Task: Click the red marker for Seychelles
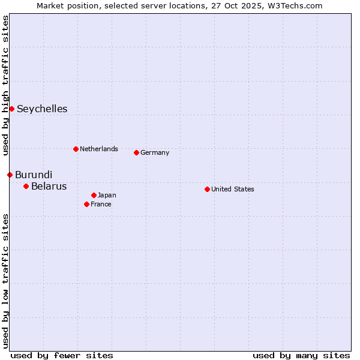11,109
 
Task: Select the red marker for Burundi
10,175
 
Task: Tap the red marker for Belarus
26,186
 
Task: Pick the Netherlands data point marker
76,149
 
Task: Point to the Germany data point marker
136,152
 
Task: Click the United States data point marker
207,189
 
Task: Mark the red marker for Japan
94,195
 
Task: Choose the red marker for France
86,204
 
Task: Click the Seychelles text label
42,109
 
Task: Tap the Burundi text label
34,175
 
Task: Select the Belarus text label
49,186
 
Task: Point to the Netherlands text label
99,149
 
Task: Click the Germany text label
155,152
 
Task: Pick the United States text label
233,189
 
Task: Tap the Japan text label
107,195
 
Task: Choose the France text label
101,204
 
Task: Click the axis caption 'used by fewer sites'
62,355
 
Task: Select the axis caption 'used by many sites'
301,355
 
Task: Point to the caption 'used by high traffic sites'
5,85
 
